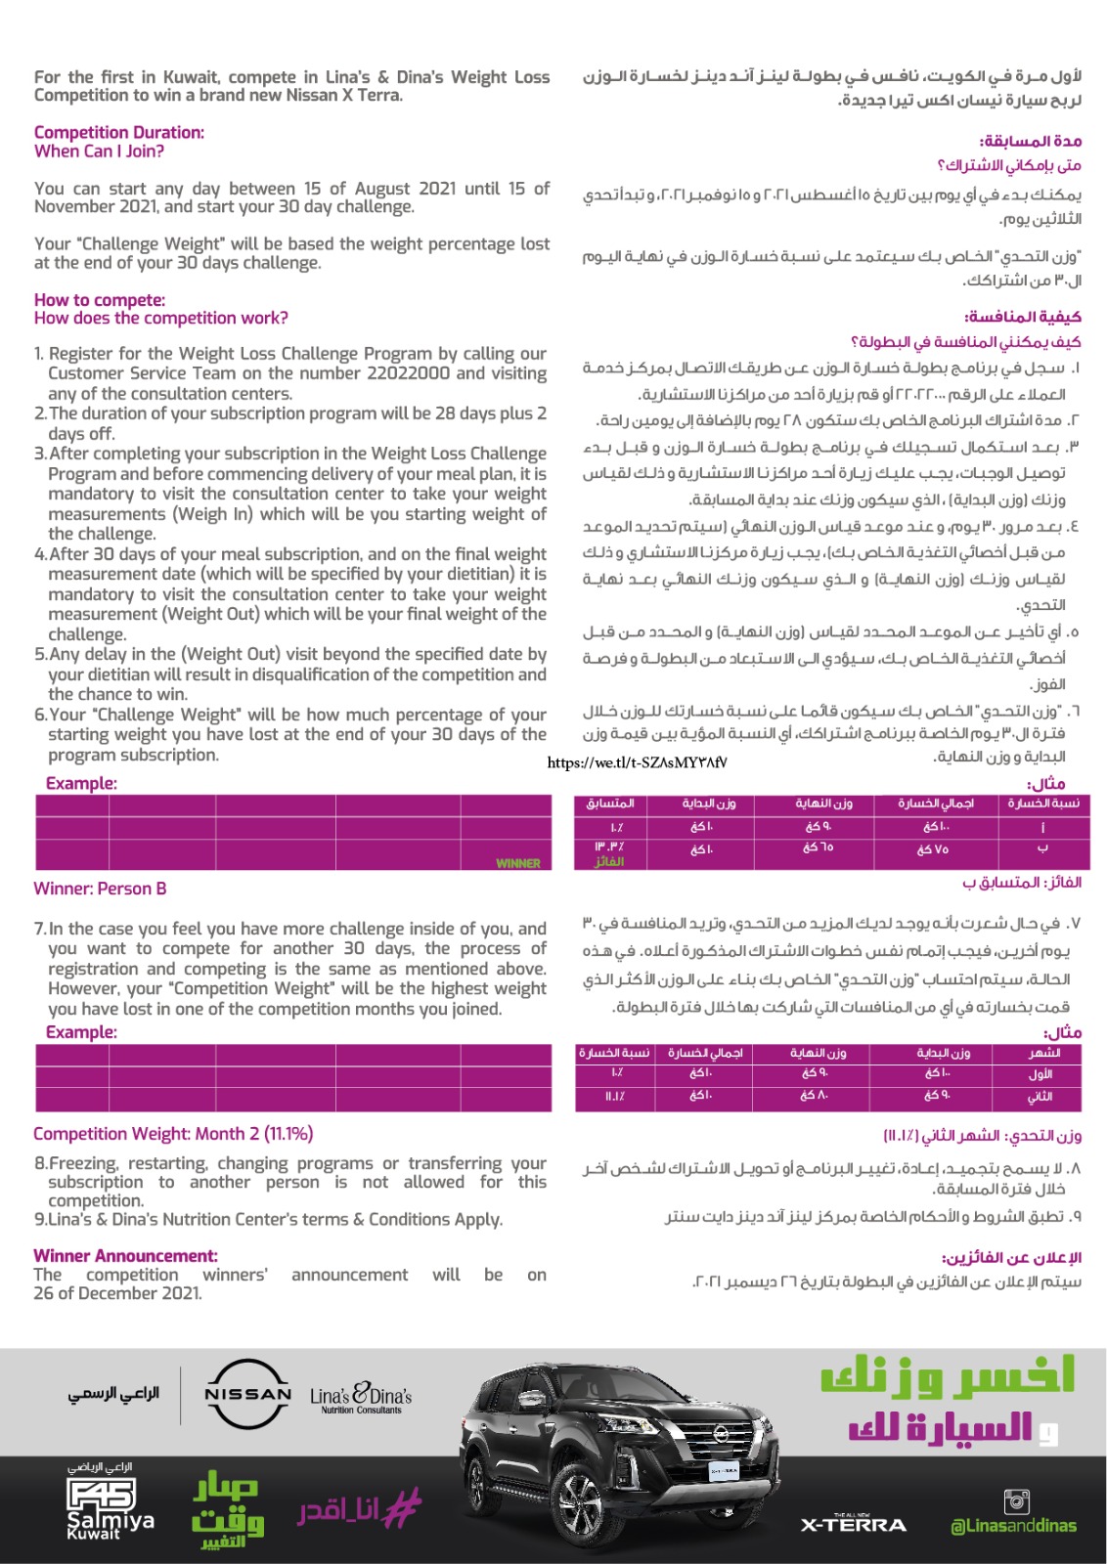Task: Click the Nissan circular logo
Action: tap(247, 1394)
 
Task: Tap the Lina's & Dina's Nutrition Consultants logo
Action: tap(361, 1398)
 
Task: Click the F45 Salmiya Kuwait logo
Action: tap(105, 1507)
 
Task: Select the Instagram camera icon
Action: tap(1017, 1500)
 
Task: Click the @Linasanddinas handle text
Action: tap(1013, 1526)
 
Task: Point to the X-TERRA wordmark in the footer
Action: tap(853, 1524)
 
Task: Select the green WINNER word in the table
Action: tap(518, 863)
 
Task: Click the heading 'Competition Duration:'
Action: tap(119, 132)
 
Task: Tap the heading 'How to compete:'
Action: tap(100, 300)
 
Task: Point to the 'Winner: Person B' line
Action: tap(100, 889)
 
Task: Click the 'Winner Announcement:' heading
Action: tap(125, 1256)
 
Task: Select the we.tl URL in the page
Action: tap(637, 762)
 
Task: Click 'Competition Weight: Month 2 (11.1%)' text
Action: tap(173, 1134)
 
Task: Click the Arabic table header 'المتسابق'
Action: tap(610, 804)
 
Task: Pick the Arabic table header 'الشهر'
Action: tap(1043, 1054)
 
